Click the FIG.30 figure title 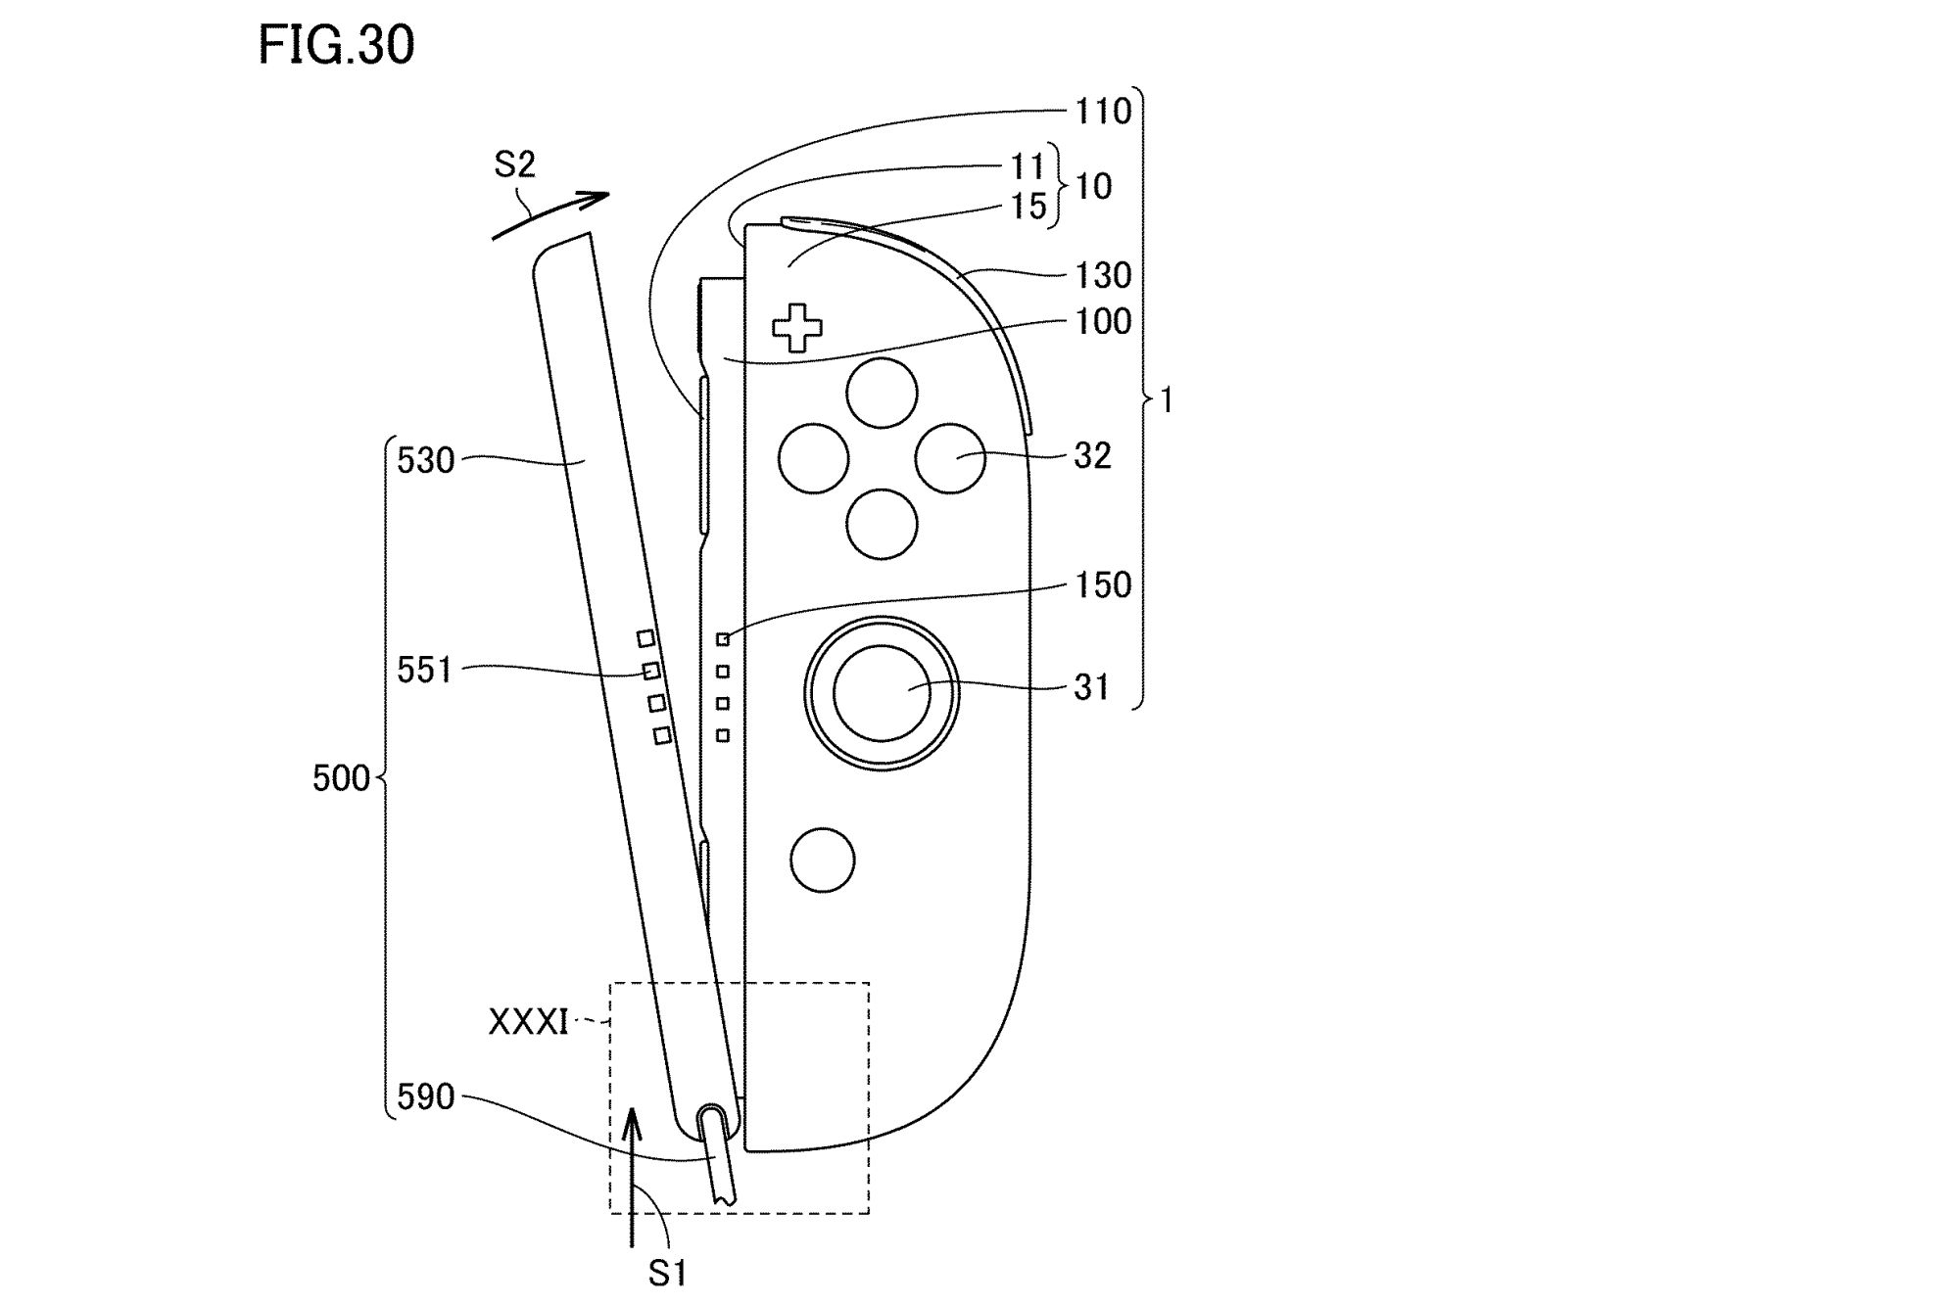pos(336,46)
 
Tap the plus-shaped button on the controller pos(797,328)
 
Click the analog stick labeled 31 pos(882,691)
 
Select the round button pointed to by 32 pos(950,457)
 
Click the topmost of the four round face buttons pos(882,393)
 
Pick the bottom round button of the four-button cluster pos(882,524)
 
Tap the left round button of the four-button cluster pos(813,457)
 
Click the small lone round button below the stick pos(823,860)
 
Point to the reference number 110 pos(1103,112)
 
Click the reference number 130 pos(1103,276)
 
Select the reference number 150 pos(1103,585)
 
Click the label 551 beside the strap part pos(425,671)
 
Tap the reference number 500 pos(341,778)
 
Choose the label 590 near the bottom pos(425,1097)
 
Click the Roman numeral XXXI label pos(528,1022)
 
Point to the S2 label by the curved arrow pos(514,164)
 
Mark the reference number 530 pos(425,460)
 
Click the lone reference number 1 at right pos(1167,400)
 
